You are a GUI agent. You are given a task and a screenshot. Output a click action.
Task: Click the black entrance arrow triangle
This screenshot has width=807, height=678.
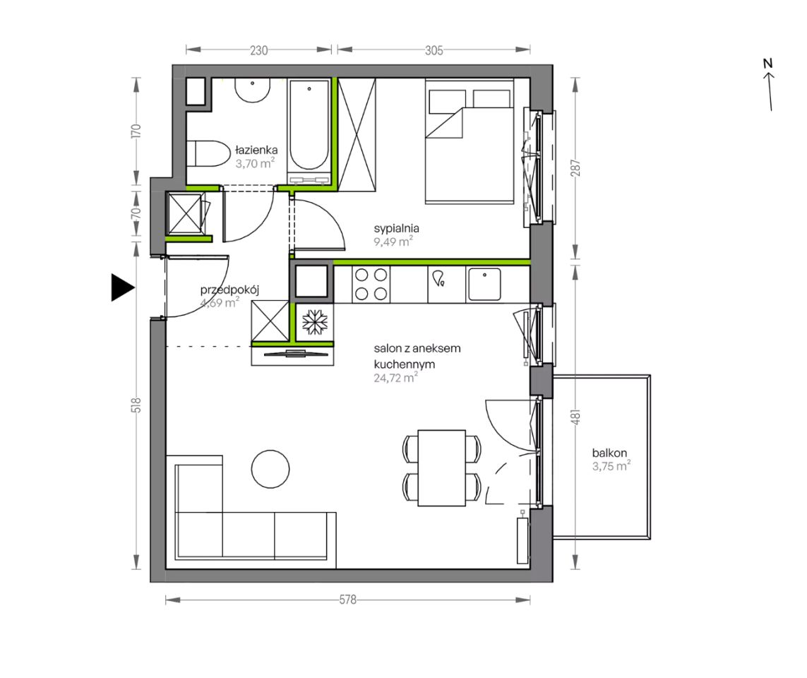121,287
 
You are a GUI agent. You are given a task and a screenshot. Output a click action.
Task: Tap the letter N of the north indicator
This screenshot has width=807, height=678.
768,64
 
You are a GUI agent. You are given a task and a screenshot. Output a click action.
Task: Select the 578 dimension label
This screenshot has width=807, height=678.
348,600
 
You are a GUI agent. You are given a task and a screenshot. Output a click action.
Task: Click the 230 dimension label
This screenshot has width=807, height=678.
259,50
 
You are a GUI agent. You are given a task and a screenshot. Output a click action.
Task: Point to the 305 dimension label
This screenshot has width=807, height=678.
434,50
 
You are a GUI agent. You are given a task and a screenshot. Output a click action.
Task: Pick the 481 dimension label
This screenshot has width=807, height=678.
575,417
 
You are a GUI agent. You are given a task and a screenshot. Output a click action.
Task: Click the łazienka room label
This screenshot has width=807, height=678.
256,150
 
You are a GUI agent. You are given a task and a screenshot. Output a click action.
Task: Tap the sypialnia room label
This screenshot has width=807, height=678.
396,228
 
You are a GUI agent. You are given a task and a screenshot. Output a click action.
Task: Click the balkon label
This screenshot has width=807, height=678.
609,453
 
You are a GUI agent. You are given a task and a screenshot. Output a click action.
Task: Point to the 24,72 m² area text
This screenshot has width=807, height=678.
396,378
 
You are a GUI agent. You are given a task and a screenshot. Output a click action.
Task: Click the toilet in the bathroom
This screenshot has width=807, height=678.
208,153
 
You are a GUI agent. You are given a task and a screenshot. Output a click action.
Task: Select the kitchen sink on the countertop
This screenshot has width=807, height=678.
484,284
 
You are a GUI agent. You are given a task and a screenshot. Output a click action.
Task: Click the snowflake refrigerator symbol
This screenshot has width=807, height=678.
314,322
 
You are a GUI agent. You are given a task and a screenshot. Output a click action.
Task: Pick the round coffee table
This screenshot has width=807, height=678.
270,469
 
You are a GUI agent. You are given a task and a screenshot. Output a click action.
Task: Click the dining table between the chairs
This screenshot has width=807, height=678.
441,468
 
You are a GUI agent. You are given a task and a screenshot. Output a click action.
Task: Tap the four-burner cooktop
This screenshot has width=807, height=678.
371,284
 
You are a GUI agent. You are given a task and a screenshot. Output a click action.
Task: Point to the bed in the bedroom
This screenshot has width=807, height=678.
470,141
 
